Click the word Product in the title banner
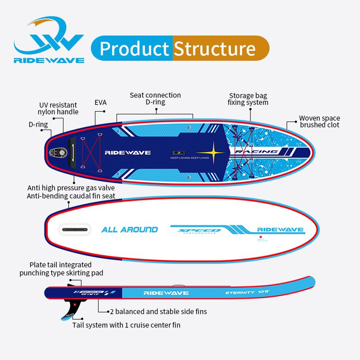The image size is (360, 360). pos(134,49)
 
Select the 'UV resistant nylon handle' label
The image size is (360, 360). pos(58,108)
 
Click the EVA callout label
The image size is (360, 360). pos(100,103)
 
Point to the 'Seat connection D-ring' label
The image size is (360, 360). pos(155,99)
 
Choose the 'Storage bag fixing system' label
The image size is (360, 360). pos(248,99)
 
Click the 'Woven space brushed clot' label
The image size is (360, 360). pos(319,121)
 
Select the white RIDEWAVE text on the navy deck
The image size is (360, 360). pos(127,153)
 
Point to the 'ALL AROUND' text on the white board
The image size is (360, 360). pos(129,230)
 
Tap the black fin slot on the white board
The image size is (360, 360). pos(75,230)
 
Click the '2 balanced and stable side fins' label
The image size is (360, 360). pos(159,311)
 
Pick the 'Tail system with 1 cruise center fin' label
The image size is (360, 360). pos(126,325)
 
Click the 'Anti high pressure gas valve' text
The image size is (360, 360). pos(71,188)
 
